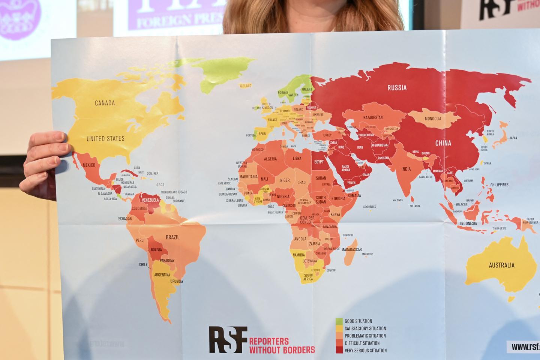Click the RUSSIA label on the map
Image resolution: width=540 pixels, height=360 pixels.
[x=397, y=88]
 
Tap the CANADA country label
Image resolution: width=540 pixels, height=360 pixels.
[x=105, y=103]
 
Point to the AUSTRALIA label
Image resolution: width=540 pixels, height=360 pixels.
[x=501, y=265]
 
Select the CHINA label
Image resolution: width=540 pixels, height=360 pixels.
[x=443, y=143]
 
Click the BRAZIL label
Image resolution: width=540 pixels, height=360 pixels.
[x=172, y=237]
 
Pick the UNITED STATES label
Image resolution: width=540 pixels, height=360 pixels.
[x=105, y=139]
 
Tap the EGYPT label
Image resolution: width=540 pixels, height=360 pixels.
[x=319, y=162]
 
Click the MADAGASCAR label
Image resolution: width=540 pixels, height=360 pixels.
[x=351, y=250]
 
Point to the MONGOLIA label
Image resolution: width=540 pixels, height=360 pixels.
[x=433, y=119]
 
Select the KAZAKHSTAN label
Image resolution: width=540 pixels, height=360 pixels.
[x=373, y=118]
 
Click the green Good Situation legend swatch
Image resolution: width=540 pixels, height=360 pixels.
[x=339, y=321]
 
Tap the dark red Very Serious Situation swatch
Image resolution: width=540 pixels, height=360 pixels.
[x=339, y=350]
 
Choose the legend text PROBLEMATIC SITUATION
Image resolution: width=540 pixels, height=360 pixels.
[x=365, y=336]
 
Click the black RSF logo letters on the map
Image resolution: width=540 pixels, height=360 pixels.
[x=228, y=339]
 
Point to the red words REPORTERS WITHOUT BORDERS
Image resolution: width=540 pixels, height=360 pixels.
[x=282, y=346]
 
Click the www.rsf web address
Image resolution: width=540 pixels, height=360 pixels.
[x=525, y=347]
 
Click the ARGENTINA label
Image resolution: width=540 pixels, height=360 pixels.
[x=162, y=275]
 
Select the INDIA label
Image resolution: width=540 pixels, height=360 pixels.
[x=406, y=169]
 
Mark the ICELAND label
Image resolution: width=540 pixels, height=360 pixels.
[x=246, y=86]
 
